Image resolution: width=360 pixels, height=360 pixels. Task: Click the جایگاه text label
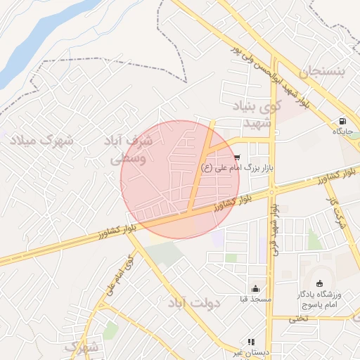(342, 131)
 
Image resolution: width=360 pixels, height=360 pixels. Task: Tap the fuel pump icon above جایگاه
(342, 120)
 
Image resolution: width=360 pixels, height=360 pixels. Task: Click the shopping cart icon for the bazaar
(237, 157)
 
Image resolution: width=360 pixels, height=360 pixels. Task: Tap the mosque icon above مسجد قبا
(255, 288)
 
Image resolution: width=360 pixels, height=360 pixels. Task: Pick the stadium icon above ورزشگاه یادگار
(320, 283)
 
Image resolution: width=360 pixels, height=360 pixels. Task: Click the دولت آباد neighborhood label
(195, 303)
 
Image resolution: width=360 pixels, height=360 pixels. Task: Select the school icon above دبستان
(252, 342)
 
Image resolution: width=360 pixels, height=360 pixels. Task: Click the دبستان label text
(250, 352)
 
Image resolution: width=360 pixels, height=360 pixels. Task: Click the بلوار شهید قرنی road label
(276, 229)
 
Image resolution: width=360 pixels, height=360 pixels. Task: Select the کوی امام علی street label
(118, 278)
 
